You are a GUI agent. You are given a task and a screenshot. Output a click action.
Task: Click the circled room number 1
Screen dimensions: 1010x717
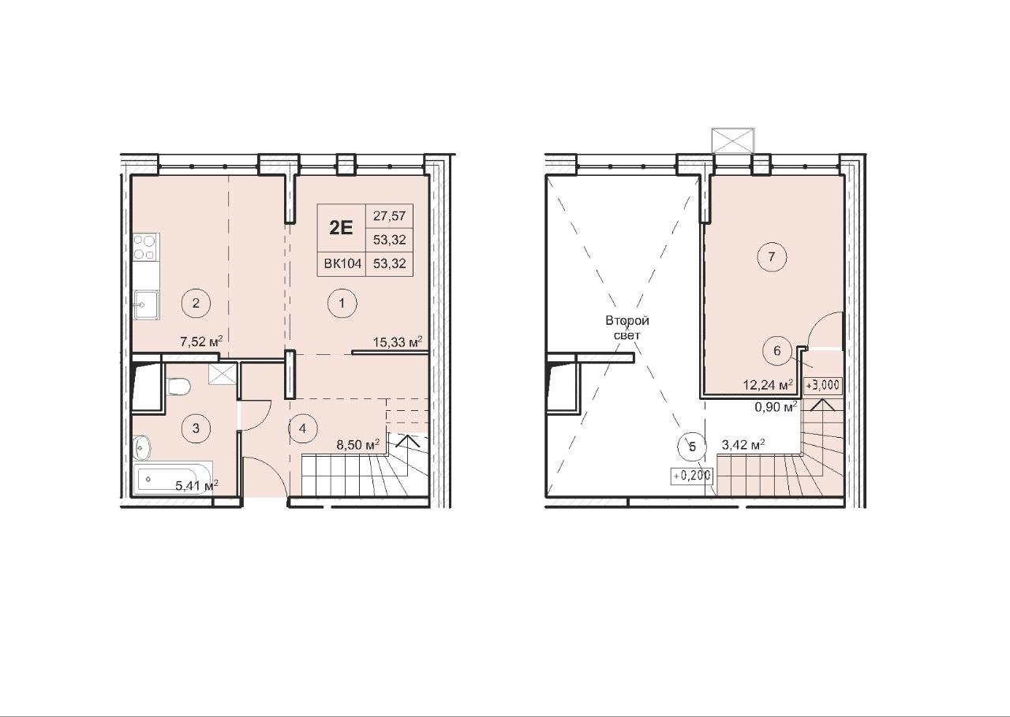(342, 304)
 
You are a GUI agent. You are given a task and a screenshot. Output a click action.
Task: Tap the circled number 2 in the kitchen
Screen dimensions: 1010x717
(196, 304)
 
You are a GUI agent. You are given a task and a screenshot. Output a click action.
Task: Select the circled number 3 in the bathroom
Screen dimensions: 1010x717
(196, 428)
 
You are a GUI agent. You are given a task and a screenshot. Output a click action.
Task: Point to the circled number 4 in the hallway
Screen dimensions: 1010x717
(302, 428)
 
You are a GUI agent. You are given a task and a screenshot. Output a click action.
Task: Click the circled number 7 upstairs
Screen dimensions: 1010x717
(772, 257)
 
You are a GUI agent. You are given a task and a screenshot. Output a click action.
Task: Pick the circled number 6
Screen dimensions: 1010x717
(776, 351)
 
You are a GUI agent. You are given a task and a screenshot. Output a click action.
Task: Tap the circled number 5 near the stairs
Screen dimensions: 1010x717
(693, 446)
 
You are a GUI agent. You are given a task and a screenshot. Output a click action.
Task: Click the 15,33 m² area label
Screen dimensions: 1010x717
(398, 342)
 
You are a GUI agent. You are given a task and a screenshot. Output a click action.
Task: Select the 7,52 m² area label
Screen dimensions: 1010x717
(201, 342)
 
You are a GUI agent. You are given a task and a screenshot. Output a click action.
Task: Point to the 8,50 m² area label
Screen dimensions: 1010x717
(358, 445)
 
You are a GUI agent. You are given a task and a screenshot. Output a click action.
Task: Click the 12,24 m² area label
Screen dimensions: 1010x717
(769, 385)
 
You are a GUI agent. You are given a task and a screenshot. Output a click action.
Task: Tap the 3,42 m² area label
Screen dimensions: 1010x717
(743, 445)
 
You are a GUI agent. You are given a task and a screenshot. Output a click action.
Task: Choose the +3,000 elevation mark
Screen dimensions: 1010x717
(823, 385)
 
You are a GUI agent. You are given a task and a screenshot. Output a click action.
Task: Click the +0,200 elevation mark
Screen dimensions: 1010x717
(692, 476)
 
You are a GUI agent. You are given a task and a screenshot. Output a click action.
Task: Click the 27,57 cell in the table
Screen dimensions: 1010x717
(390, 216)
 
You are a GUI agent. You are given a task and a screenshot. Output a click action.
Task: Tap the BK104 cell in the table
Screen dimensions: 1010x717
(342, 263)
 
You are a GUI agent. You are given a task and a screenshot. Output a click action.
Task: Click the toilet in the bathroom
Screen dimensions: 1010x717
(179, 387)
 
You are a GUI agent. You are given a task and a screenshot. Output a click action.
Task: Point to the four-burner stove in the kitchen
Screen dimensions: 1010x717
(145, 247)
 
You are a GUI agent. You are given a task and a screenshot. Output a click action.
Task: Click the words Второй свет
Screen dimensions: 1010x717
(627, 327)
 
